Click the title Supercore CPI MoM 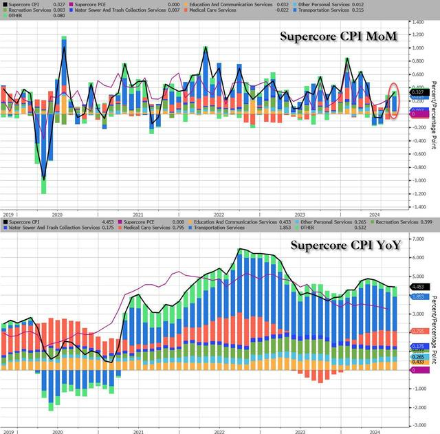click(x=338, y=36)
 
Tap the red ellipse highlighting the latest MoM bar click(x=394, y=100)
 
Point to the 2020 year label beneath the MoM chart click(x=57, y=214)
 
